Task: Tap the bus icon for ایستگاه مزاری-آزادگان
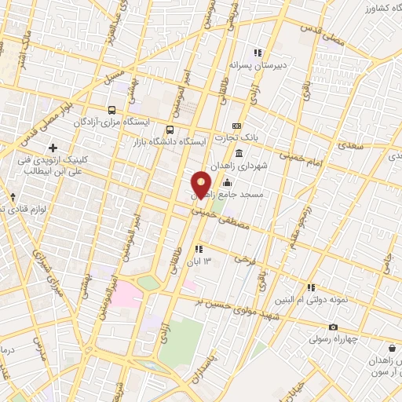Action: coord(112,111)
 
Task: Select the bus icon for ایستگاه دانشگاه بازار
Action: coord(170,130)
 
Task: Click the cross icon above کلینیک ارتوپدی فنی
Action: coord(53,148)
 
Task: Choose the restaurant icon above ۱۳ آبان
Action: coord(199,249)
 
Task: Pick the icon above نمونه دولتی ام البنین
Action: coord(312,287)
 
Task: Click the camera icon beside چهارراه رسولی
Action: coord(334,327)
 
